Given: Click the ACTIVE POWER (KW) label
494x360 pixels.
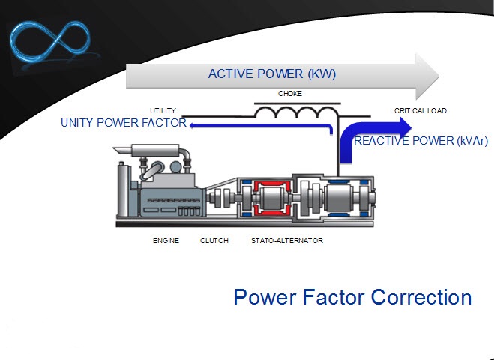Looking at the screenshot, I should pyautogui.click(x=271, y=73).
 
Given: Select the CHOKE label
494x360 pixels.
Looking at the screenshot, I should pyautogui.click(x=290, y=94).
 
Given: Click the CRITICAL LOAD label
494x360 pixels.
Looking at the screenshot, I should pyautogui.click(x=420, y=110).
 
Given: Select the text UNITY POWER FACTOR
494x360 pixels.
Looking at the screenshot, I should pyautogui.click(x=124, y=124).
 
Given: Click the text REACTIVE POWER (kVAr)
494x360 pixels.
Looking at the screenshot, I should pyautogui.click(x=421, y=140).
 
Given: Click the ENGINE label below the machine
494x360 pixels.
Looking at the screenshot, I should pyautogui.click(x=166, y=241).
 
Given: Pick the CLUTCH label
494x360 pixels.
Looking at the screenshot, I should pyautogui.click(x=214, y=241).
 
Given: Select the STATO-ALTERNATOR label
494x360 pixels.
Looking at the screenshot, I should pyautogui.click(x=287, y=241).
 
